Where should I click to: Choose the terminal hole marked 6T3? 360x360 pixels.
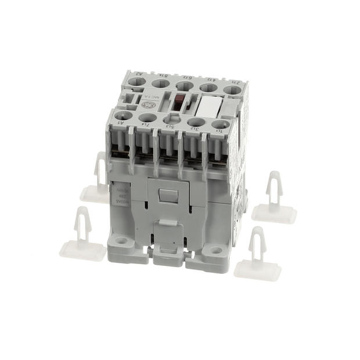(x=185, y=85)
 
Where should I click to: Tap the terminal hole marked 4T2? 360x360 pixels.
(x=207, y=88)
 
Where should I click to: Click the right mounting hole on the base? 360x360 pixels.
(x=216, y=251)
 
